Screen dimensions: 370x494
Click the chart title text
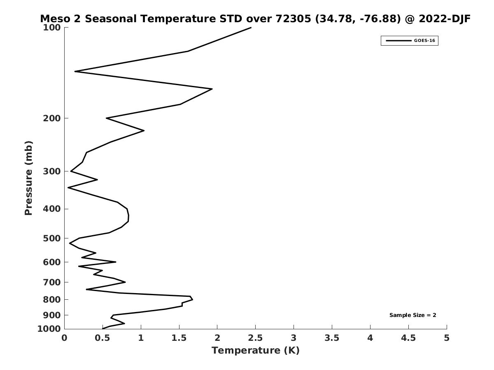[x=255, y=19]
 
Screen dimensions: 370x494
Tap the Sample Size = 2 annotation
[x=412, y=315]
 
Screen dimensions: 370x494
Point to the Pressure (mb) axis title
[x=28, y=178]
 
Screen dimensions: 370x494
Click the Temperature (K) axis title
[x=255, y=350]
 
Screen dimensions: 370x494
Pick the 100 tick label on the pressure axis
[x=52, y=28]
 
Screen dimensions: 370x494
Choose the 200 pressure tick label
[x=52, y=118]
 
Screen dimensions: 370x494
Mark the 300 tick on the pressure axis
[x=52, y=171]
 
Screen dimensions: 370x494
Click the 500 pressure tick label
[x=52, y=238]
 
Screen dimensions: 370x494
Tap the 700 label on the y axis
[x=52, y=282]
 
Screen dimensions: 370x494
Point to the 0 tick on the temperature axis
[x=65, y=338]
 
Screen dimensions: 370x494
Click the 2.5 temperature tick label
[x=255, y=338]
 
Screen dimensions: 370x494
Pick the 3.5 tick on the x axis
[x=332, y=338]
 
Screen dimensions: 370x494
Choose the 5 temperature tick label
[x=447, y=338]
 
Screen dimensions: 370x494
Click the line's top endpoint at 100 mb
[x=251, y=28]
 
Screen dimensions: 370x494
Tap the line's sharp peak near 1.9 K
[x=212, y=89]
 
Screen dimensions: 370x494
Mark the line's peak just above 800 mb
[x=192, y=299]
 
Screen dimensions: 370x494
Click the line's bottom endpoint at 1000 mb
[x=103, y=329]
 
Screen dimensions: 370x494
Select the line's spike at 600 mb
[x=116, y=262]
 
